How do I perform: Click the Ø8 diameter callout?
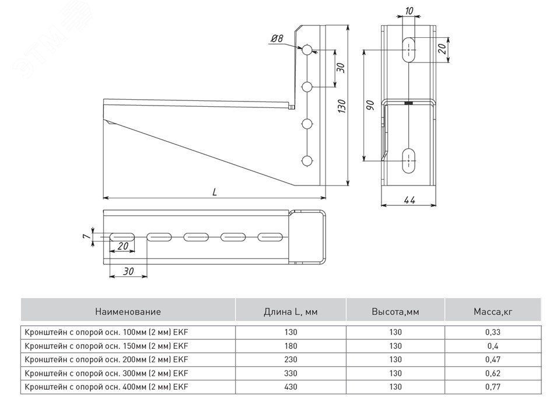[276, 39]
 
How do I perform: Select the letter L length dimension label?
[215, 192]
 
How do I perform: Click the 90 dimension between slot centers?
[370, 105]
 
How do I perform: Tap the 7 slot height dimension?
[85, 236]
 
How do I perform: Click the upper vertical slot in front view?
[409, 50]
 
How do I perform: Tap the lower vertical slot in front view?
[409, 159]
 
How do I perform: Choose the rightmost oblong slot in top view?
[269, 237]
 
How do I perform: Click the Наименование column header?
[128, 311]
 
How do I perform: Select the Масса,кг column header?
[492, 311]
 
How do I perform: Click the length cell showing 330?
[290, 373]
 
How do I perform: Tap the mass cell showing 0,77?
[492, 387]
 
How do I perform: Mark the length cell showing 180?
[290, 346]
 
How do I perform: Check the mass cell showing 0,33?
[492, 332]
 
